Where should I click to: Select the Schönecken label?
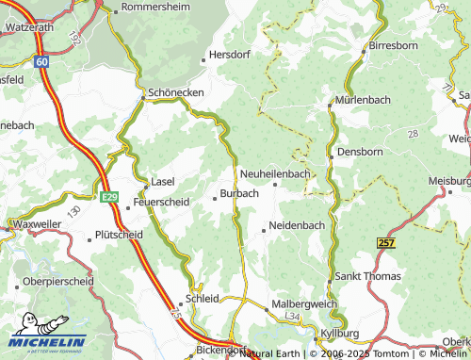coord(175,94)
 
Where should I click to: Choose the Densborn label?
coord(359,150)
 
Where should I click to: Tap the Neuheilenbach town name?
coord(287,174)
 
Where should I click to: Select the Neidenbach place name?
coord(297,226)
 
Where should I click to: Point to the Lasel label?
coord(165,182)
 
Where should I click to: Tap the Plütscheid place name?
coord(120,236)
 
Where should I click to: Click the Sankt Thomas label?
coord(368,276)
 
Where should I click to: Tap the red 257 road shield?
coord(384,243)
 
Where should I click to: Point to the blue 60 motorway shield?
coord(43,61)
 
